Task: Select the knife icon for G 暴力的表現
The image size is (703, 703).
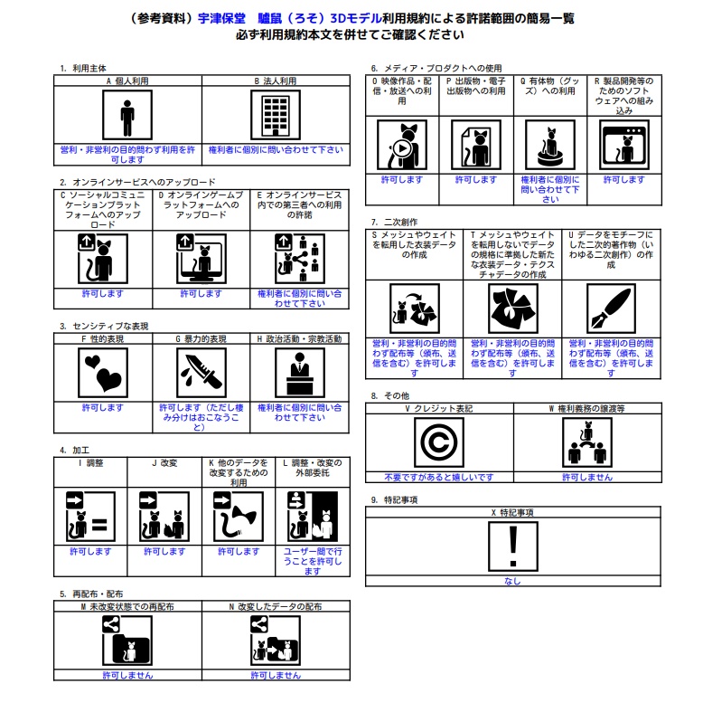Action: (x=201, y=372)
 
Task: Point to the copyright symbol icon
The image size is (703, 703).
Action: (x=438, y=442)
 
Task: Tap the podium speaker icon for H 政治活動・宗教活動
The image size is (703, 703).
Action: (x=299, y=372)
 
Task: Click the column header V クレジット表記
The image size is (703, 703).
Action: (x=438, y=409)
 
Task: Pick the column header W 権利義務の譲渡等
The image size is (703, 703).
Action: (x=586, y=409)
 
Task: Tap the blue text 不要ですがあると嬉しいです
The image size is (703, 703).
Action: (x=438, y=477)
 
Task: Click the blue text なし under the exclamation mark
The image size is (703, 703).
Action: (x=512, y=582)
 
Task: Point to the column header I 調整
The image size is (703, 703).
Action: (x=90, y=462)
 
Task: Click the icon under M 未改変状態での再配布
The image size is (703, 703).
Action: (x=127, y=640)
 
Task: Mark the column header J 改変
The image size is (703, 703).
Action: (x=164, y=462)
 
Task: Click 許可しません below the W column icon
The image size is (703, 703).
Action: (x=586, y=477)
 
